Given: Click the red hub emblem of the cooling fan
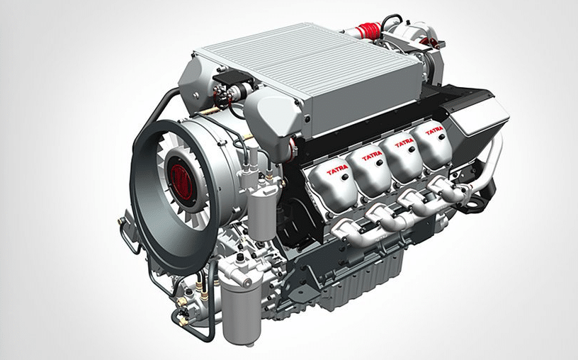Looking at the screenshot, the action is click(x=181, y=182).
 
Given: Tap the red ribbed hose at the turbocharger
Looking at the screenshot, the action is click(x=368, y=30).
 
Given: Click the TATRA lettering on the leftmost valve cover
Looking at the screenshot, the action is click(x=337, y=169).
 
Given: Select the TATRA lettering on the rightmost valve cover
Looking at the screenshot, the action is click(x=434, y=131).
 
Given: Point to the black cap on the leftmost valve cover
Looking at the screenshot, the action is click(x=345, y=177).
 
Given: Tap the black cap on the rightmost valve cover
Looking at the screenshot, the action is click(x=441, y=137).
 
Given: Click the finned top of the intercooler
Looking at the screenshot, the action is click(x=310, y=62).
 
